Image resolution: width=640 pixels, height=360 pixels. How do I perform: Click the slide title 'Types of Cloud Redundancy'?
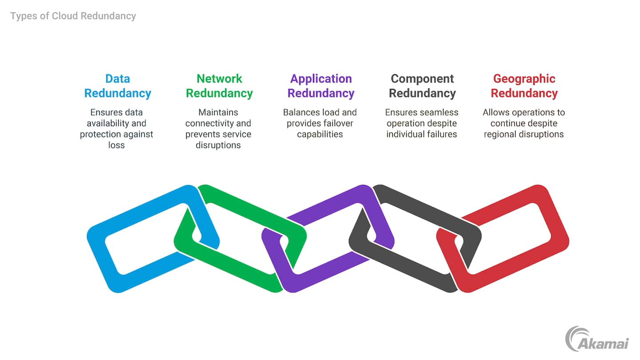click(x=73, y=16)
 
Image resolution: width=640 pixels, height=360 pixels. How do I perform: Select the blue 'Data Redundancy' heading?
click(x=118, y=86)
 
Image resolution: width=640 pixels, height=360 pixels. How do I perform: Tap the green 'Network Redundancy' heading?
click(x=219, y=86)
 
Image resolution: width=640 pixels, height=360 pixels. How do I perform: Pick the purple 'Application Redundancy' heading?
click(x=321, y=86)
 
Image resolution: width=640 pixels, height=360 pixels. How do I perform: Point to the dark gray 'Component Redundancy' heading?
click(x=422, y=86)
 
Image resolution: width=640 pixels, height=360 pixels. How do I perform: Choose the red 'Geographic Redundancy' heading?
click(x=524, y=86)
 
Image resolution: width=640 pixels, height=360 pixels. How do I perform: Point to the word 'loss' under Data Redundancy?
click(x=116, y=145)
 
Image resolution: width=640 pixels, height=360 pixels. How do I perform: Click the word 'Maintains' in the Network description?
click(x=218, y=112)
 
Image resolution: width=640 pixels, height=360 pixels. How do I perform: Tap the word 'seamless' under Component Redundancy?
click(x=440, y=112)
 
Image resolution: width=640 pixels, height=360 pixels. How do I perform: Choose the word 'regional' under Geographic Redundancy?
click(x=500, y=134)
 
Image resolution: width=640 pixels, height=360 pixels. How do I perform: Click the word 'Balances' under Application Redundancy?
click(x=300, y=112)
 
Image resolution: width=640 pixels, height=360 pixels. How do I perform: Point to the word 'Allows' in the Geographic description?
click(x=496, y=112)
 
